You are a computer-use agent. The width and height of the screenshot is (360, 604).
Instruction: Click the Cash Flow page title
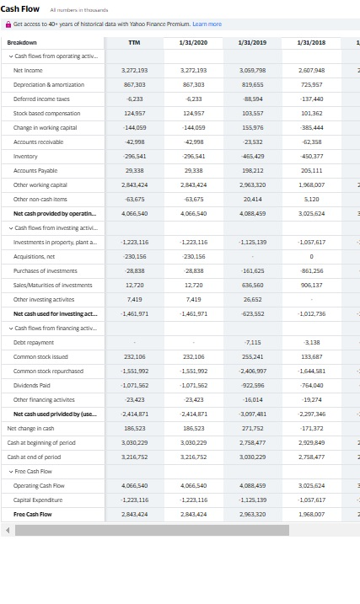pos(19,9)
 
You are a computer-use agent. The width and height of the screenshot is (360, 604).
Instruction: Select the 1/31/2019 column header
pos(252,42)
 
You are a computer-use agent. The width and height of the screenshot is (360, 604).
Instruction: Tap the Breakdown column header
pos(22,42)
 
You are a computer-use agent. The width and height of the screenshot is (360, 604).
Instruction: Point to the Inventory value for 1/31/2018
pos(311,156)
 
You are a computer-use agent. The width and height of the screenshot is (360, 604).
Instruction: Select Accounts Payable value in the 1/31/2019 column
pos(252,169)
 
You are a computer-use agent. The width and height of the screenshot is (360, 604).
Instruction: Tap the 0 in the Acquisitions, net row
pos(311,256)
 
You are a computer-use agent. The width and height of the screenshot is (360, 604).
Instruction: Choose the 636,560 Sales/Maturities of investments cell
pos(252,285)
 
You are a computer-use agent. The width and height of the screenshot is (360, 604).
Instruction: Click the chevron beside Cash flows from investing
pos(9,227)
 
